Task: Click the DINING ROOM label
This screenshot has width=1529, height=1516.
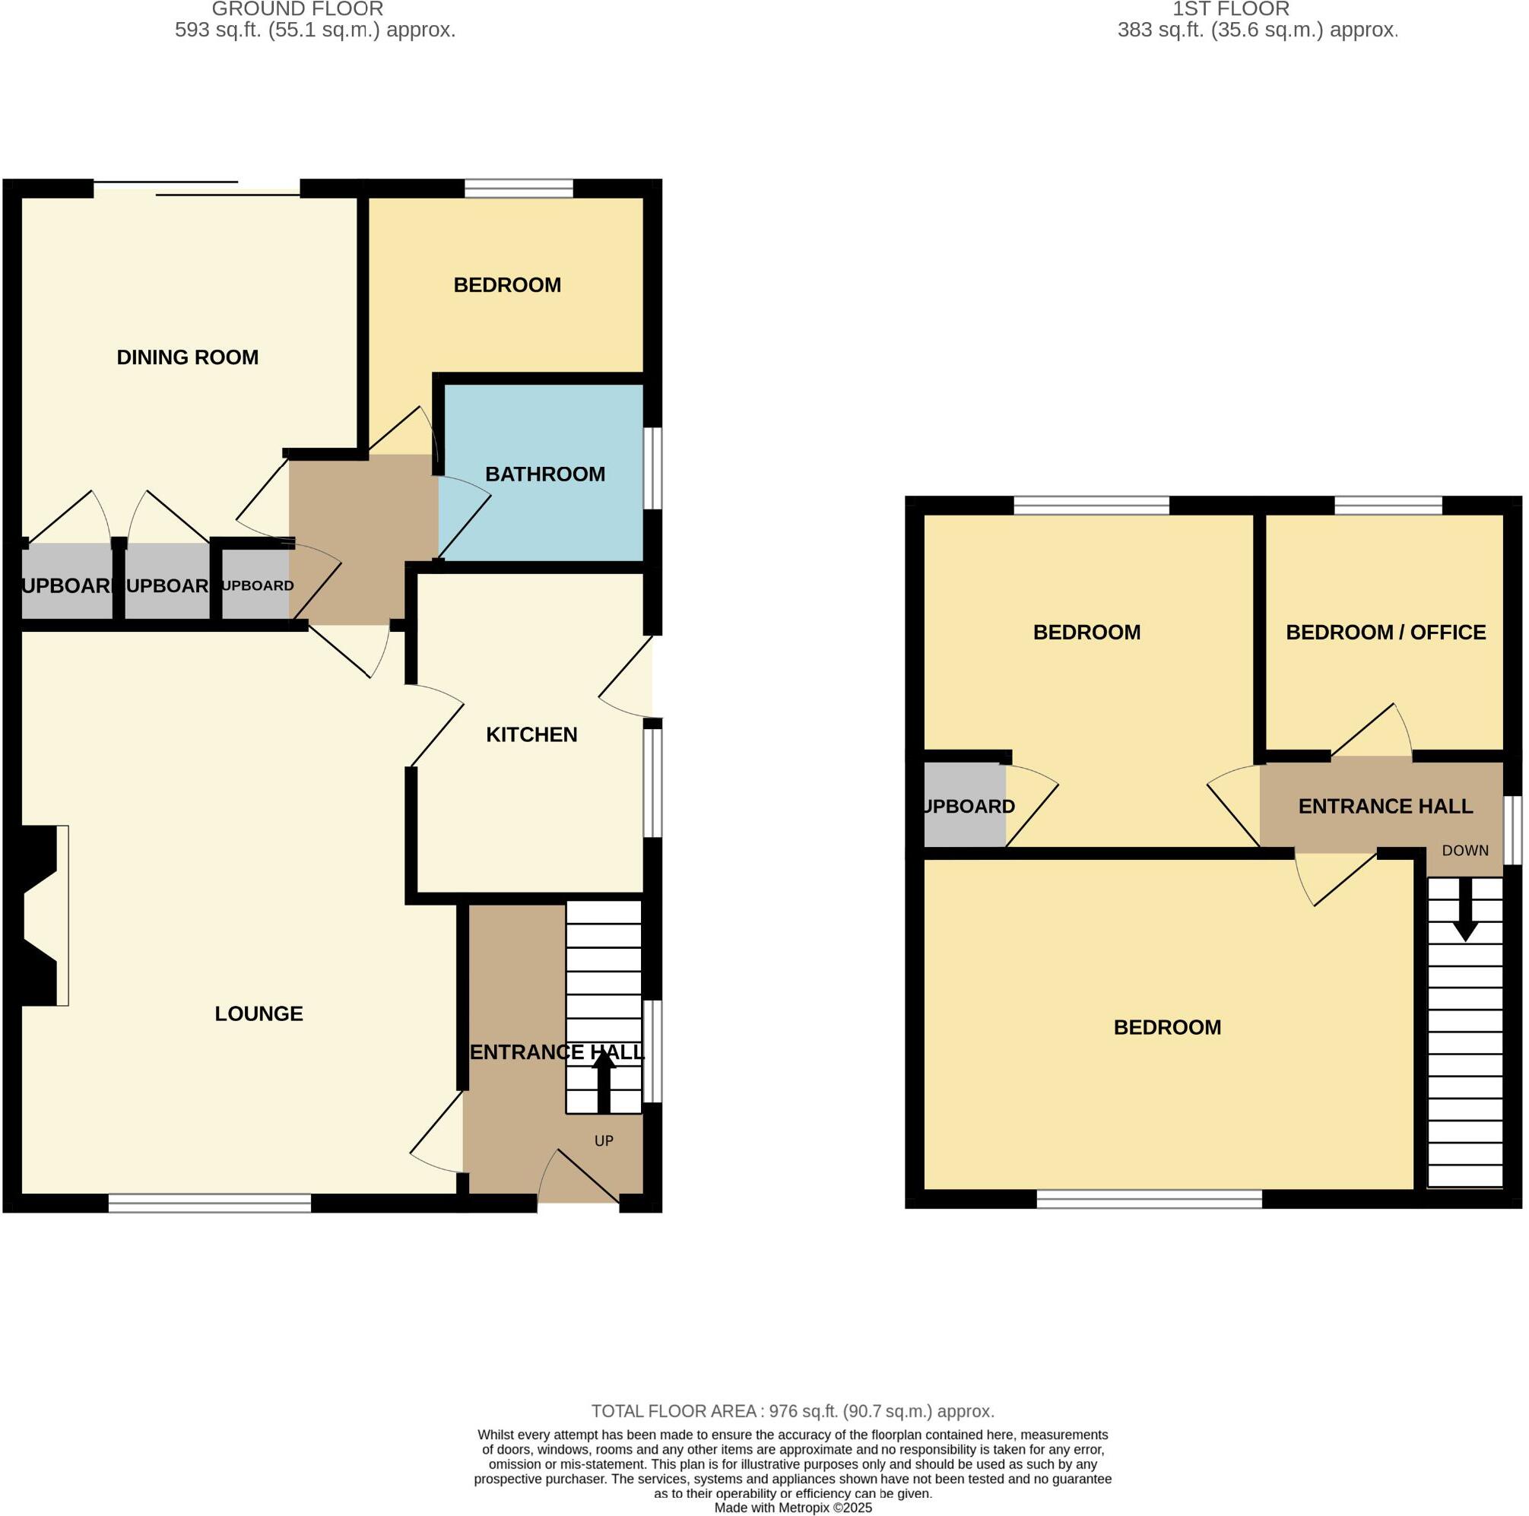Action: click(188, 357)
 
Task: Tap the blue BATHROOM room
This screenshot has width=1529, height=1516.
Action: click(544, 506)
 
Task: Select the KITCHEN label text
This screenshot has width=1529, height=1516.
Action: click(531, 734)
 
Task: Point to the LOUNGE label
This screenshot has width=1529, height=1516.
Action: click(259, 1013)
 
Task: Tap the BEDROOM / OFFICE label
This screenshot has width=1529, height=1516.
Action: click(1385, 633)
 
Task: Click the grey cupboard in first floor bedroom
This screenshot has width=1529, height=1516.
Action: click(964, 805)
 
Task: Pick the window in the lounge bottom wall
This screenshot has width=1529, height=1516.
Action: click(210, 1204)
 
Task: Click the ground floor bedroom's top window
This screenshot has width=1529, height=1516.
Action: click(519, 189)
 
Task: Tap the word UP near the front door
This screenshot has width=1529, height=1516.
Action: click(604, 1140)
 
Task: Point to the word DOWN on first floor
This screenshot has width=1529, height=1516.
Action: click(1465, 851)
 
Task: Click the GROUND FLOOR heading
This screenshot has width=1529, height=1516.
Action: click(297, 9)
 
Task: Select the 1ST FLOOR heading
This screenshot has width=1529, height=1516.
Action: click(1231, 9)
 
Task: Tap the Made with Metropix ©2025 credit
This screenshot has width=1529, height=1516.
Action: click(792, 1508)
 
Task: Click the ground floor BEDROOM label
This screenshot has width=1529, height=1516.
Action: click(506, 285)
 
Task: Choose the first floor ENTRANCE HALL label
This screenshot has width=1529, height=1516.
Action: click(1385, 805)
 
